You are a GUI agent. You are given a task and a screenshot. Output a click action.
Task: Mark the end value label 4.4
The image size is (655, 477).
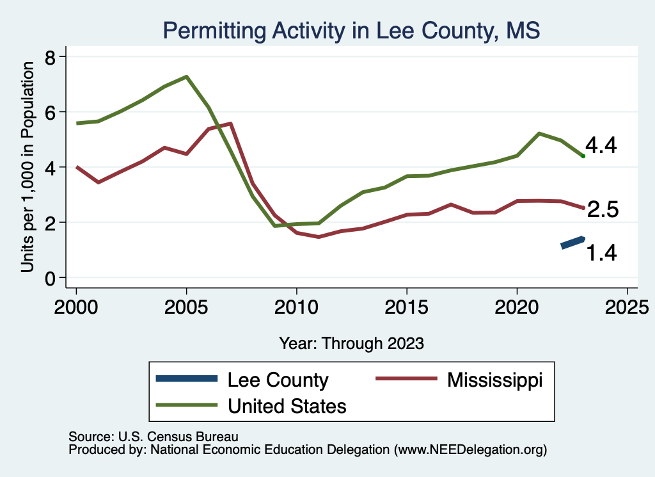coord(601,146)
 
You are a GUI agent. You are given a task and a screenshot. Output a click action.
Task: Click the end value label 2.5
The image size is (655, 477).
coord(603,209)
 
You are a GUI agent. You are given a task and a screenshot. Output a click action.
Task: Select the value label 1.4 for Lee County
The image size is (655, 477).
coord(601,254)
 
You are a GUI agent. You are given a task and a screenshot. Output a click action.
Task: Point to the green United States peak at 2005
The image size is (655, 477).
coord(186,77)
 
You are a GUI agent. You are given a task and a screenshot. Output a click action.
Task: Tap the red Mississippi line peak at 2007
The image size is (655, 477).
coord(230,124)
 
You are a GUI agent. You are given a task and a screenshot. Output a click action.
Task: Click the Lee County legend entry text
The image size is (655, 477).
coord(278,380)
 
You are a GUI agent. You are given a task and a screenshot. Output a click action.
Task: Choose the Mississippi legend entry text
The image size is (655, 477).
coord(494,380)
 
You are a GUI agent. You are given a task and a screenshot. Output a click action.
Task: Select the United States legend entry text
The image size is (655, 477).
coord(287,405)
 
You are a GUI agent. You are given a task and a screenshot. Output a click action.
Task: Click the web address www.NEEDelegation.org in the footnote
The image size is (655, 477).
coord(470,450)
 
